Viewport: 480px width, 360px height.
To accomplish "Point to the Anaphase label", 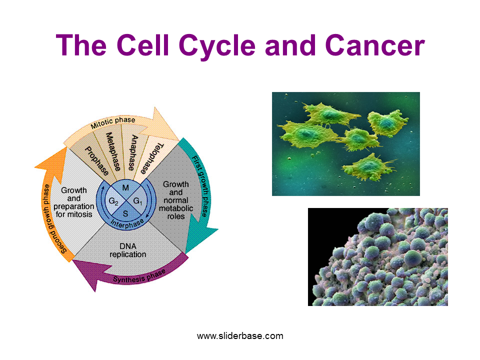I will pos(133,151).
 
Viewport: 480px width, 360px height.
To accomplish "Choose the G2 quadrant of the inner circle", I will pos(113,201).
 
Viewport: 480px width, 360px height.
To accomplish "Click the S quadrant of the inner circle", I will pos(126,213).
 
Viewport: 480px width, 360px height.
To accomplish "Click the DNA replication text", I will pos(128,250).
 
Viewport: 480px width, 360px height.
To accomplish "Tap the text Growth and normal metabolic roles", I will pos(176,200).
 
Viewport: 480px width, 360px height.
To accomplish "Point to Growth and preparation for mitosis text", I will pos(73,202).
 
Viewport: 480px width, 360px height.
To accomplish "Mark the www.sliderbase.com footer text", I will pos(240,336).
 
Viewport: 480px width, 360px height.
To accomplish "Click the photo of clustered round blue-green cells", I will pos(377,256).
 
